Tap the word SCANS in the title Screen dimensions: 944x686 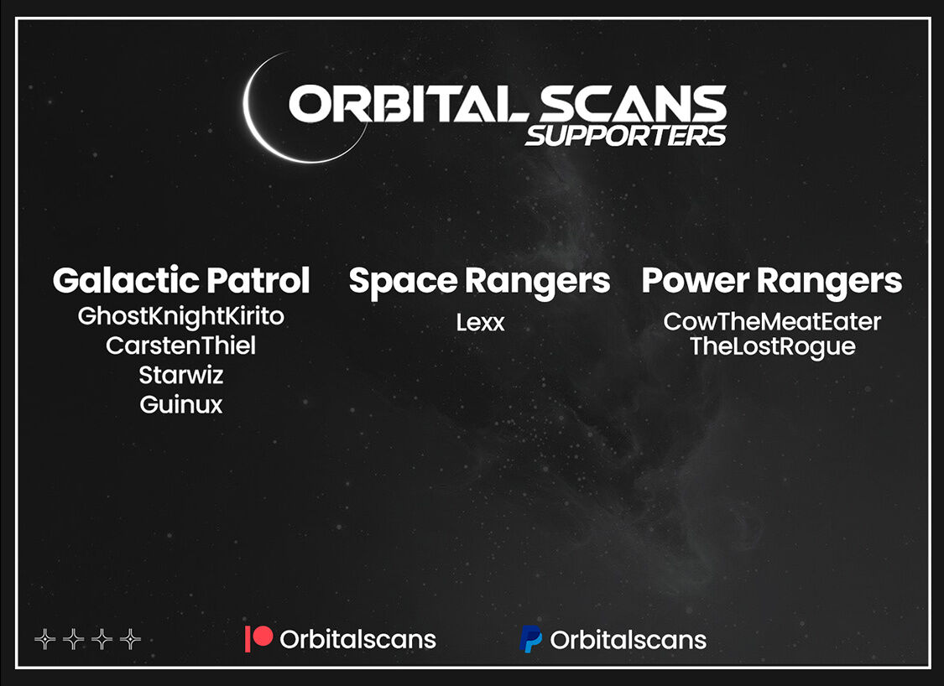pyautogui.click(x=633, y=103)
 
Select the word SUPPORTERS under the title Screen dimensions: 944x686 pyautogui.click(x=626, y=136)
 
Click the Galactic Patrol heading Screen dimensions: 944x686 pyautogui.click(x=181, y=280)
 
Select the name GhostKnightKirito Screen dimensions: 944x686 pyautogui.click(x=180, y=316)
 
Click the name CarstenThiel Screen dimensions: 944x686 pyautogui.click(x=180, y=346)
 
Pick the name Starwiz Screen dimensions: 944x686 pyautogui.click(x=181, y=375)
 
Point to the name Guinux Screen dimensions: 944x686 pyautogui.click(x=181, y=404)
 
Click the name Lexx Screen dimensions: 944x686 pyautogui.click(x=480, y=323)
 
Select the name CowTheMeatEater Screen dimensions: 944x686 pyautogui.click(x=772, y=322)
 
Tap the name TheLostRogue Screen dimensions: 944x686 pyautogui.click(x=773, y=347)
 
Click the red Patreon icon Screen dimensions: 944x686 pyautogui.click(x=259, y=638)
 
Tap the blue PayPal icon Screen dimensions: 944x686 pyautogui.click(x=530, y=639)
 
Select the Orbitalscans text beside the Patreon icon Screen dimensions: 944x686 pyautogui.click(x=357, y=639)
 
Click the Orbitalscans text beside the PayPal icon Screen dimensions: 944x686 pyautogui.click(x=628, y=640)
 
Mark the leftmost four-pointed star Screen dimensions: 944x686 pyautogui.click(x=45, y=638)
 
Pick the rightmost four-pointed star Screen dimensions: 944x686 pyautogui.click(x=130, y=638)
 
